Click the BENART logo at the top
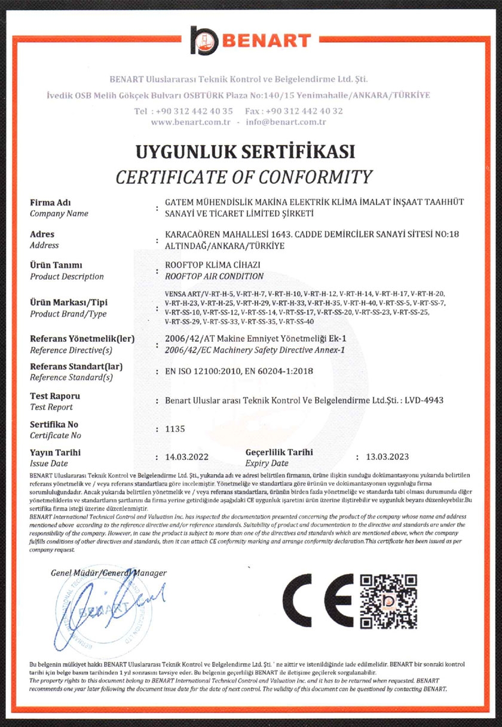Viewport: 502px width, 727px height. point(251,40)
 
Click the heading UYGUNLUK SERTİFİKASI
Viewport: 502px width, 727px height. point(245,151)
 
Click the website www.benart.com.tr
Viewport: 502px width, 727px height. point(191,122)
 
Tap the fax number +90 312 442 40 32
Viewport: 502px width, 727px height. point(304,111)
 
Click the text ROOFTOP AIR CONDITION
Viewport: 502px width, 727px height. point(214,276)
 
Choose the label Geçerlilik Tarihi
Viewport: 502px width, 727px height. point(279,452)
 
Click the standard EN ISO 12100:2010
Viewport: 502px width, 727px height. point(200,372)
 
